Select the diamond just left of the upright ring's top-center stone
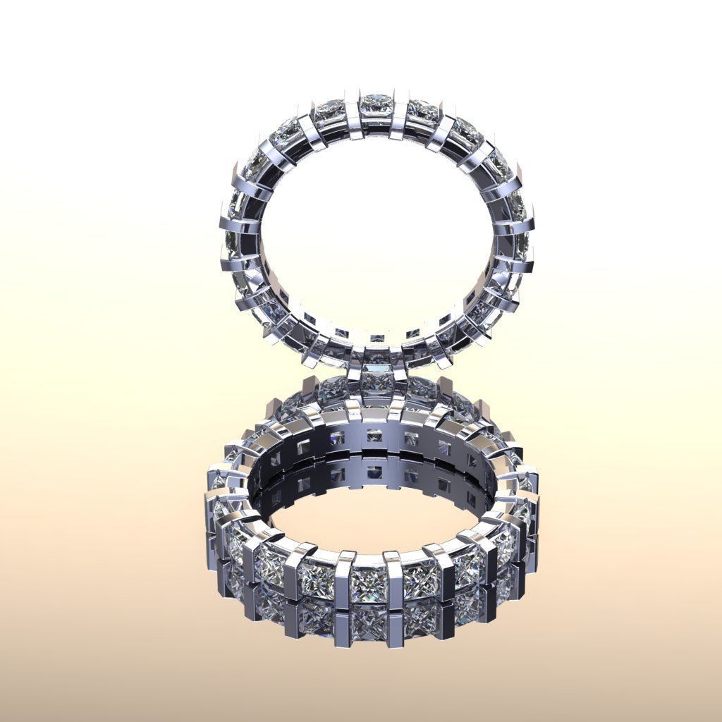[328, 111]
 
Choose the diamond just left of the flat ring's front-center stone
[318, 580]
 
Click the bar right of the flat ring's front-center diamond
[392, 582]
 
